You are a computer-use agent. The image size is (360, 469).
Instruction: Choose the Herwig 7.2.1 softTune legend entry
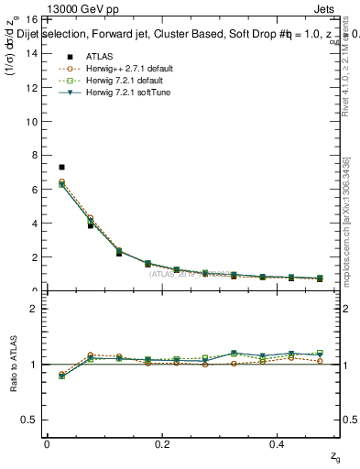(114, 93)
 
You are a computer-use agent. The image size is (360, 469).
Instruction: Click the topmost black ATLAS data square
(61, 167)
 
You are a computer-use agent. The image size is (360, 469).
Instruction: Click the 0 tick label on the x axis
(47, 443)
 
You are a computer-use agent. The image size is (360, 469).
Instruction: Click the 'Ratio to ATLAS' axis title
(12, 364)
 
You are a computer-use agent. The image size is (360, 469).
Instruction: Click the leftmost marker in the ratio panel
(61, 376)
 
